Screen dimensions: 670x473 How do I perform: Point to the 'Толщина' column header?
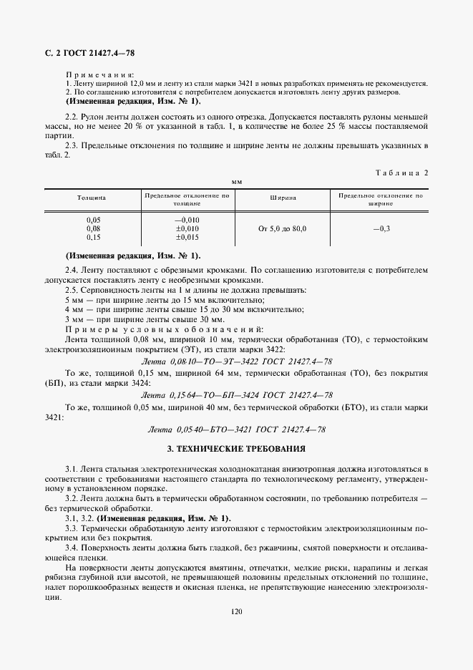92,198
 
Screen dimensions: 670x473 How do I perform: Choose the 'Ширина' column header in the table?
282,198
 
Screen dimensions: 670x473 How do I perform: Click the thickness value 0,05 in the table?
93,220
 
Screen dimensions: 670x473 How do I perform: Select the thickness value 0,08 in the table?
93,228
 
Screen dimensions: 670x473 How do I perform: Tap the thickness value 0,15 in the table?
93,237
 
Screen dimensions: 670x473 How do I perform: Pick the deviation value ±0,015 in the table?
187,237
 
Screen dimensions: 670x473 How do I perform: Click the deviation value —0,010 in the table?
187,220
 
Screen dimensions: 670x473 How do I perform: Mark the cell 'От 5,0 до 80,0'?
282,228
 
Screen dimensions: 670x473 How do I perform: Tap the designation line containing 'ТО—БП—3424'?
236,394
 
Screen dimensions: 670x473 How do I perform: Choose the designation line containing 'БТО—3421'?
236,429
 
